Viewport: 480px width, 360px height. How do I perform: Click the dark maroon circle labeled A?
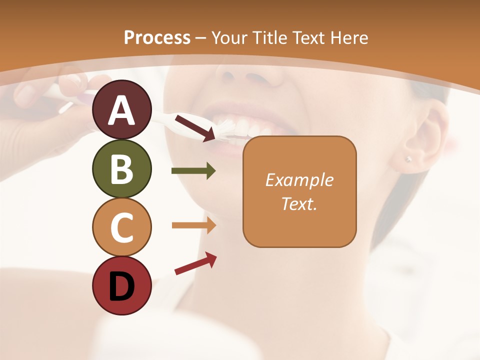pos(121,109)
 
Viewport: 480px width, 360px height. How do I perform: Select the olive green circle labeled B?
pos(121,168)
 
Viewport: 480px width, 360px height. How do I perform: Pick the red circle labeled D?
pos(121,285)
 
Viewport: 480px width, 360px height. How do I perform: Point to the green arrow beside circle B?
pos(193,171)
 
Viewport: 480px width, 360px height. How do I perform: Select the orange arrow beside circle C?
pos(193,225)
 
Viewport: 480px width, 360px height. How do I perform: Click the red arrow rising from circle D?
pos(195,263)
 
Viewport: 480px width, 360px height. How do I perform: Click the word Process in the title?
pos(157,37)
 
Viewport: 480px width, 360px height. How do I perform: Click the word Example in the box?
pos(299,180)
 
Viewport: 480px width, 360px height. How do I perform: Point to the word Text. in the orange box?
pos(299,203)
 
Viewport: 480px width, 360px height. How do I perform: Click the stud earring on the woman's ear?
pos(408,159)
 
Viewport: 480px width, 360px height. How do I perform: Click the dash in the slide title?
pos(201,38)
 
